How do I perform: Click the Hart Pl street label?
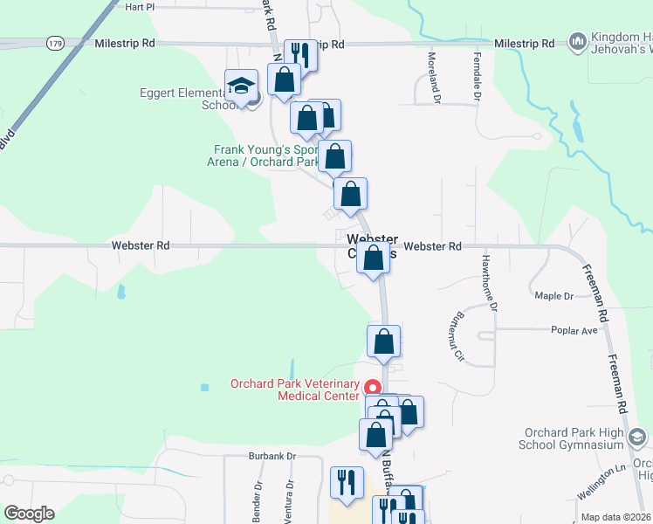click(140, 6)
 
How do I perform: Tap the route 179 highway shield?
click(56, 43)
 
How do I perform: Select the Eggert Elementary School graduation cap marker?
click(241, 86)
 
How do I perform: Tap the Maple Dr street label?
click(553, 296)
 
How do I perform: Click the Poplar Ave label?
click(574, 331)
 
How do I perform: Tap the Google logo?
click(29, 514)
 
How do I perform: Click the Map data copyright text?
click(616, 517)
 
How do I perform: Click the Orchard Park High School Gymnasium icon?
click(637, 437)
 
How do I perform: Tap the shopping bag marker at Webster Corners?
click(373, 258)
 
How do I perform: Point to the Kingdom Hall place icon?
click(577, 41)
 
